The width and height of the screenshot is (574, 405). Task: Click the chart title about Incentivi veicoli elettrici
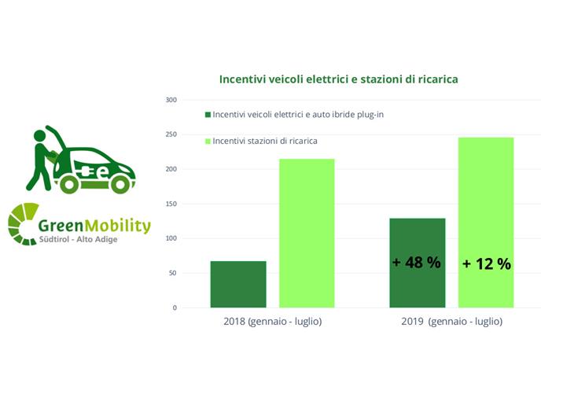point(338,79)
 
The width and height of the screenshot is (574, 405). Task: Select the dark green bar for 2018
point(238,284)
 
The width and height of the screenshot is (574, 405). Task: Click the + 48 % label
point(417,263)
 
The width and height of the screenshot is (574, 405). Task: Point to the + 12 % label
point(486,264)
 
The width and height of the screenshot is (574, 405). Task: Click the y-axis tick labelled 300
point(171,100)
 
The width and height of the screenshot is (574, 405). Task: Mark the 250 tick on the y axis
point(171,134)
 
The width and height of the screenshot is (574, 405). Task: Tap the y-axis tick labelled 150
point(171,204)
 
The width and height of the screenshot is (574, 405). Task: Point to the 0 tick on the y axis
point(175,307)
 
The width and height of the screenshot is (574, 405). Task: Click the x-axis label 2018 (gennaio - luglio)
point(272,322)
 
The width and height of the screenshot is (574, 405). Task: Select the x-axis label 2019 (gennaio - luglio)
point(451,322)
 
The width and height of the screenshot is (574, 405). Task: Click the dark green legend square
point(208,115)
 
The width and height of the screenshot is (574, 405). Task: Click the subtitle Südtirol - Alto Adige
point(78,239)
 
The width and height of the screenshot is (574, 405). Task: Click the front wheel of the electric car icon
point(120,184)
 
